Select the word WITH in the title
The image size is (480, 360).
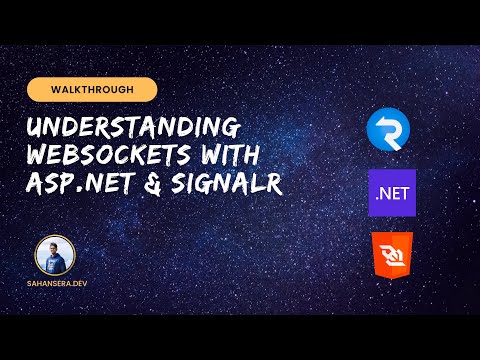pos(226,157)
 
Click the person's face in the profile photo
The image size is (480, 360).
pos(55,250)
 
